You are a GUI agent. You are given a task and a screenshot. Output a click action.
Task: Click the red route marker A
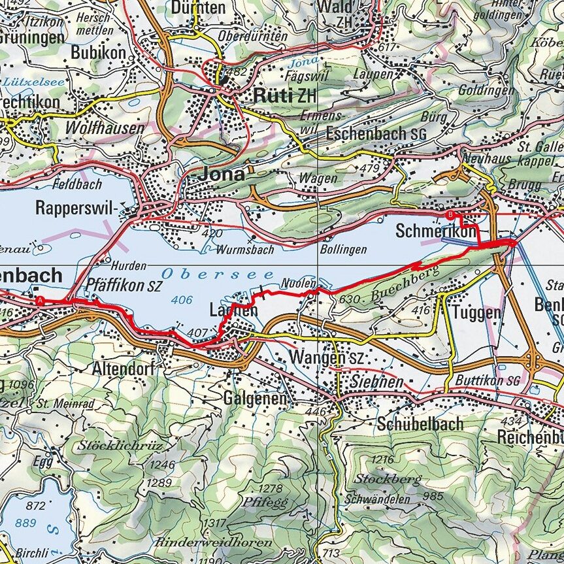[41, 301]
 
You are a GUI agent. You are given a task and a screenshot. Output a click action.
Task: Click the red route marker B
[450, 214]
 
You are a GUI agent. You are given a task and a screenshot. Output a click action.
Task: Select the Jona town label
[222, 174]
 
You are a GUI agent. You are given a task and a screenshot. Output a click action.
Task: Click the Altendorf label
[123, 369]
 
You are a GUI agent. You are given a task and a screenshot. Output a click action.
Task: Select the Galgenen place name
[256, 398]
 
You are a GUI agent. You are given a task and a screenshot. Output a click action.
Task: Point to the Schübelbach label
[420, 424]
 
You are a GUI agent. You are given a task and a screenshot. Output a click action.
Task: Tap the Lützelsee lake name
[25, 83]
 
